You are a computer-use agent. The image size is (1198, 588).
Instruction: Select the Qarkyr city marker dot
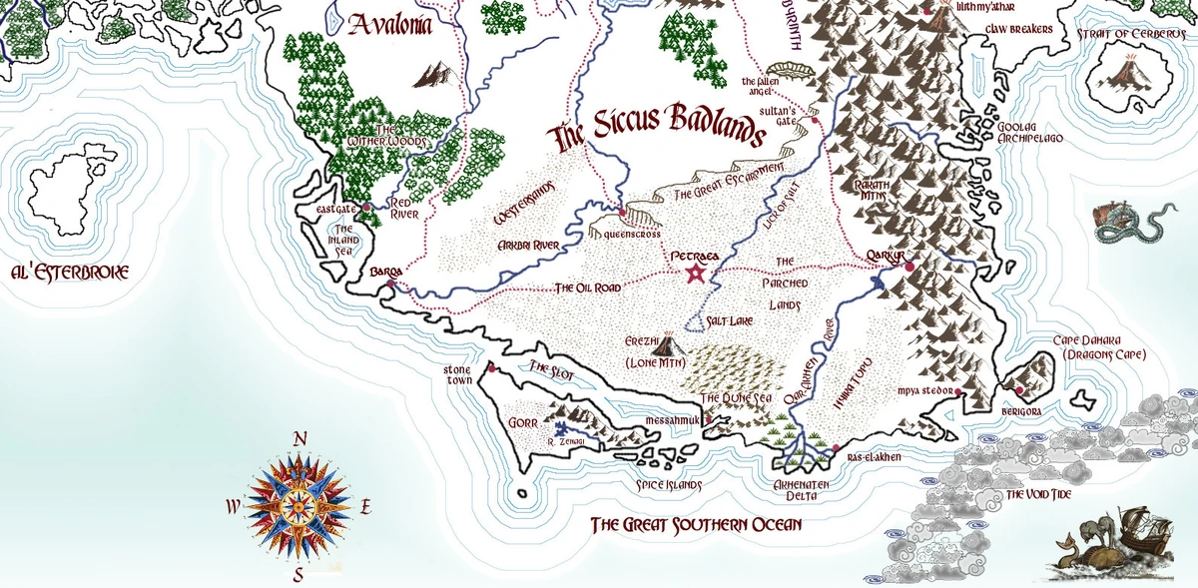pos(908,268)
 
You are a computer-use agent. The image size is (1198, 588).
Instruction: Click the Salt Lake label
pos(729,321)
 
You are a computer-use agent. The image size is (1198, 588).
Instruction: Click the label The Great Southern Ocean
pos(696,524)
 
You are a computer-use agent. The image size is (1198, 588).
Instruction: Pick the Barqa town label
pos(385,272)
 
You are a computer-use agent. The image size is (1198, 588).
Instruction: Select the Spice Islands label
pos(656,485)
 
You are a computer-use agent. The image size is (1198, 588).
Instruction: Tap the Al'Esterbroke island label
pos(70,272)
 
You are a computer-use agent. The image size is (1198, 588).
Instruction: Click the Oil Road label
pos(588,288)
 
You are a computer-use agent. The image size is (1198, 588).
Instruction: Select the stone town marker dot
pos(491,368)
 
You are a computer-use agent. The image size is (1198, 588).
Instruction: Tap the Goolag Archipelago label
pos(1029,133)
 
